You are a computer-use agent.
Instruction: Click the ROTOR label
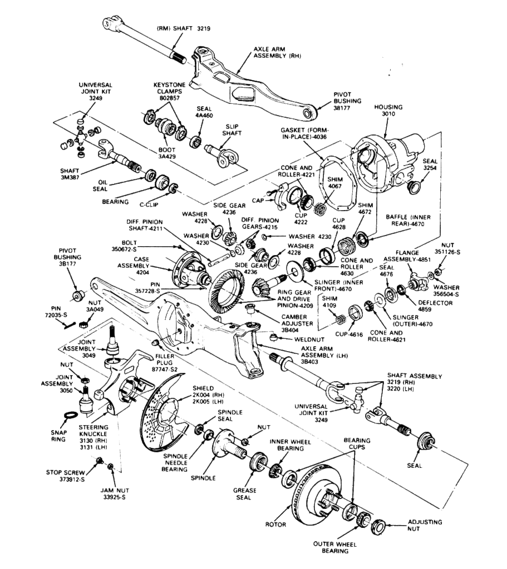pyautogui.click(x=275, y=524)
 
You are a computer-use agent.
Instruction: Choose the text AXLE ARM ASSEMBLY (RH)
pyautogui.click(x=276, y=52)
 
